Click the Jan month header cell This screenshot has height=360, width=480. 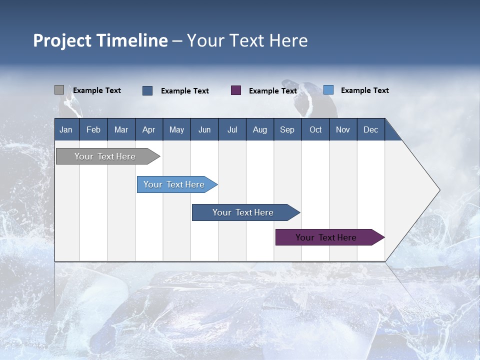66,129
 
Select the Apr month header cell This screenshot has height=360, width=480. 149,129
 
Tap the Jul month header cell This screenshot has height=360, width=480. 232,129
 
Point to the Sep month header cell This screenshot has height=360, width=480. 287,129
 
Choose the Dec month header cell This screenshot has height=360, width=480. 371,129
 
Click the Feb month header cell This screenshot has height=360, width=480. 93,129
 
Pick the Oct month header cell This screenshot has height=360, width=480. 315,129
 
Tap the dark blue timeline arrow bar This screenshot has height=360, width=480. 243,212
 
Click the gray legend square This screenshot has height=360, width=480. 59,90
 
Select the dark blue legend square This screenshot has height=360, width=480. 147,90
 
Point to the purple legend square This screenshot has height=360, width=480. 236,90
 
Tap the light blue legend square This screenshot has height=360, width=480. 328,90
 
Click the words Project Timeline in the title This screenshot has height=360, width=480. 100,40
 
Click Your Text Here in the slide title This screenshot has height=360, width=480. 247,40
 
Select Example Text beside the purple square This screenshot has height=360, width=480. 273,91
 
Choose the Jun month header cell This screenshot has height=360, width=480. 204,129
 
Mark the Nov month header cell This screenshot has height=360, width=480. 343,129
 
